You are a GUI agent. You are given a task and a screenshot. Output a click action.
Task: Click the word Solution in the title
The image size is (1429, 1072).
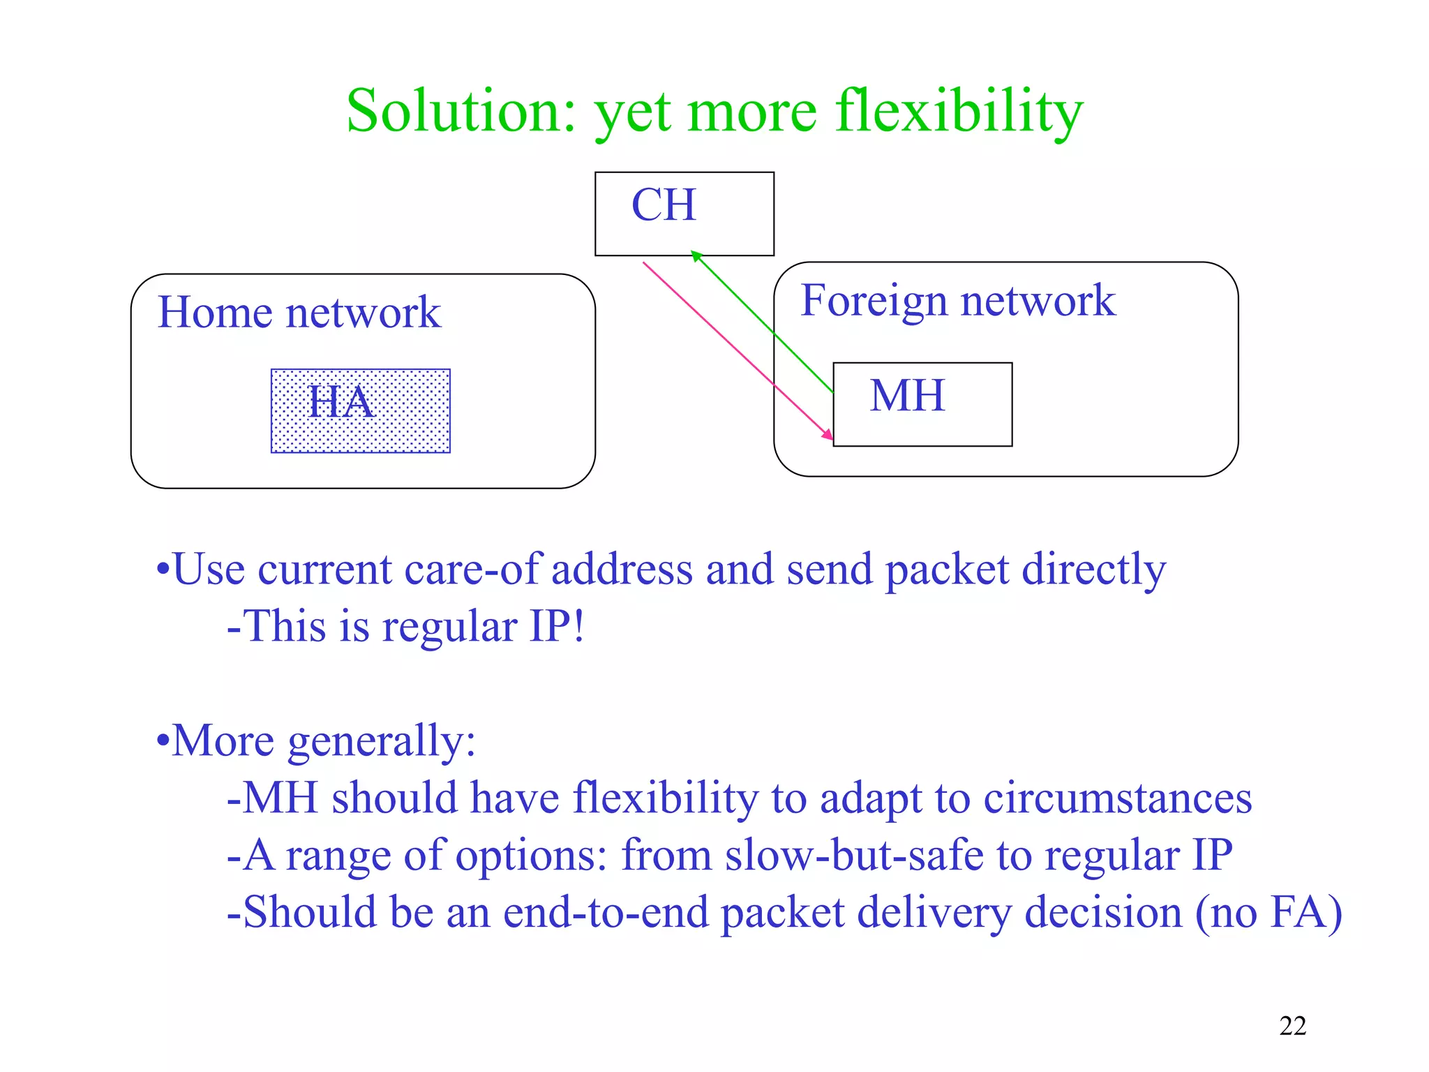click(461, 112)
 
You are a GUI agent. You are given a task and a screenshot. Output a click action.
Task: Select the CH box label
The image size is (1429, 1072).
click(664, 205)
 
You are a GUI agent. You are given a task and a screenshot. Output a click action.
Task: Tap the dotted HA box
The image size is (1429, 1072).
click(361, 411)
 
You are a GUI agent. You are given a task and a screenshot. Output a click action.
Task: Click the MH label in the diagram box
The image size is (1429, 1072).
click(907, 396)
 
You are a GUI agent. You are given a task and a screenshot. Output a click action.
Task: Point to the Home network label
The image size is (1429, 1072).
click(299, 312)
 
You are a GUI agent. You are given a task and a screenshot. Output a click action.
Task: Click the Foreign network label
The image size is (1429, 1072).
click(957, 301)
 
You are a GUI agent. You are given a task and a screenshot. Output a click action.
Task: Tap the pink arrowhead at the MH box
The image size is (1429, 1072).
click(828, 435)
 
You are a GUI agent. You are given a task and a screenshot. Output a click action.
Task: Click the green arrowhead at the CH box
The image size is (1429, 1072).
click(696, 255)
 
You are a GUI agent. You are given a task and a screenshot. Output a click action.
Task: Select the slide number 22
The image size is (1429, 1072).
click(1292, 1026)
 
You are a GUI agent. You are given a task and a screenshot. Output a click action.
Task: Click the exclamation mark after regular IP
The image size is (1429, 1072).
click(578, 626)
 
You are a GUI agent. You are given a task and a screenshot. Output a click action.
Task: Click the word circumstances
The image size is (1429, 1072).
click(1117, 798)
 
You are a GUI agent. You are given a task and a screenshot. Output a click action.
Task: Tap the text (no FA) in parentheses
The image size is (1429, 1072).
click(1269, 912)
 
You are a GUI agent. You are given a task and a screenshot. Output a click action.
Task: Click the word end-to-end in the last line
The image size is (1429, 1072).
click(605, 912)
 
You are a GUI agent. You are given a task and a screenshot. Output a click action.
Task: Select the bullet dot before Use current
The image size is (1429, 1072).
click(163, 569)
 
